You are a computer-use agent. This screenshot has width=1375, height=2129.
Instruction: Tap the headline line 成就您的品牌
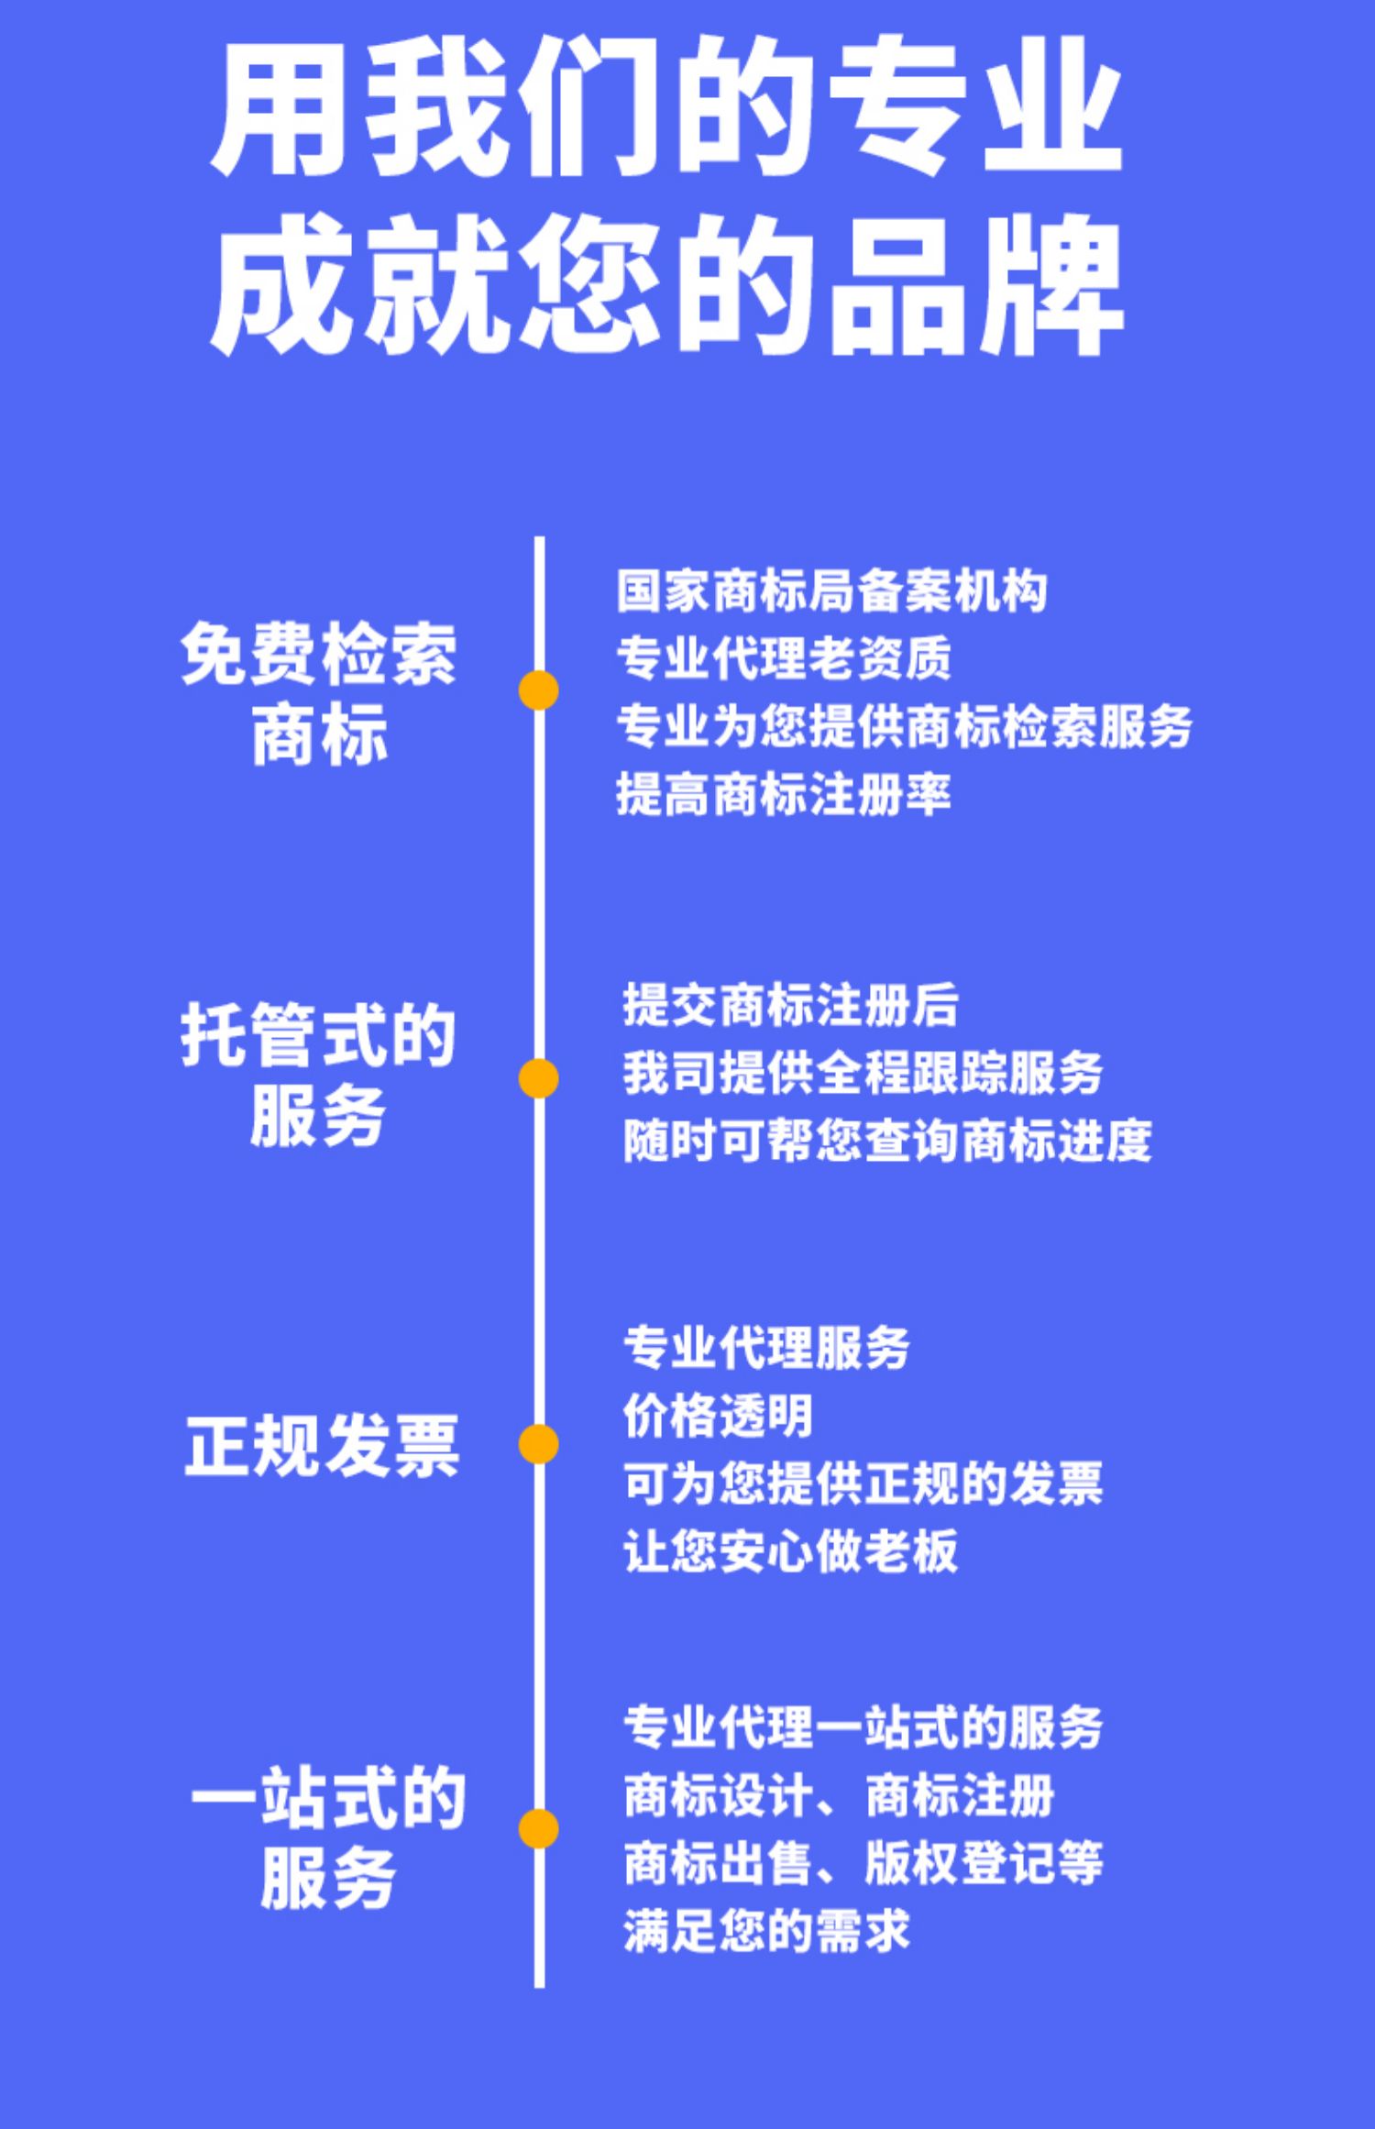tap(667, 286)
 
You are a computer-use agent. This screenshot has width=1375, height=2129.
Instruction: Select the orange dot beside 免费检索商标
tap(538, 690)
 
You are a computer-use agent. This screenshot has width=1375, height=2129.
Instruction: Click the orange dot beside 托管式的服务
tap(538, 1078)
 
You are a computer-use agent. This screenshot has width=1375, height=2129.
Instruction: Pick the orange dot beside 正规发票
tap(538, 1444)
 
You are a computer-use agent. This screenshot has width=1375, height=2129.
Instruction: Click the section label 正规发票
tap(321, 1446)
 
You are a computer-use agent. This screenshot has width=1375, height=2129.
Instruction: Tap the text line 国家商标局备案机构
tap(830, 591)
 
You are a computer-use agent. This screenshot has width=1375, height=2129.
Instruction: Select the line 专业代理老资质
tap(784, 658)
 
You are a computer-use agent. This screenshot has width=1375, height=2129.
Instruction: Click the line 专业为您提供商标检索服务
tap(904, 726)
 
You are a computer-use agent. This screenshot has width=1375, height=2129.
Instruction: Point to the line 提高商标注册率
tap(784, 794)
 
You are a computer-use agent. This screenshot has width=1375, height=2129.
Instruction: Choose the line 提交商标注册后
tap(790, 1005)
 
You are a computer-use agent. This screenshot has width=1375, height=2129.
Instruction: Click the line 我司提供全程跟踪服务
tap(863, 1073)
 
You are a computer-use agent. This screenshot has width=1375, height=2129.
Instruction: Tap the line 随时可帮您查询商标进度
tap(886, 1142)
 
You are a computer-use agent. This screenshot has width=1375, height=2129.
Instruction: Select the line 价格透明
tap(718, 1416)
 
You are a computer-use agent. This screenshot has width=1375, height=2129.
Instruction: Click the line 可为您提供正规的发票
tap(863, 1483)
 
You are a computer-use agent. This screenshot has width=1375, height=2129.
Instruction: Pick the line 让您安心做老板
tap(790, 1550)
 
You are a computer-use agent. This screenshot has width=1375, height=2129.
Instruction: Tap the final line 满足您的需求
tap(766, 1931)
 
